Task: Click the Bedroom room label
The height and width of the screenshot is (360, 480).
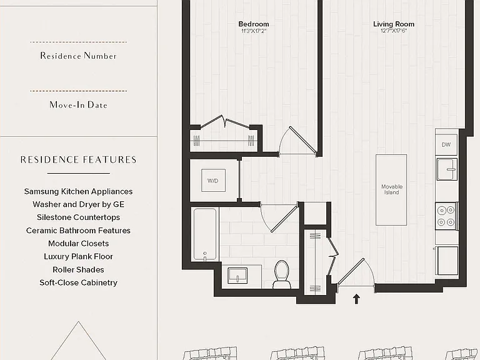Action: click(254, 24)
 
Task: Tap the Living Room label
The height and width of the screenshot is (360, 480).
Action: click(394, 24)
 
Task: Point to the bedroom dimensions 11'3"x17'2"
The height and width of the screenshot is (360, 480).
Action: click(254, 31)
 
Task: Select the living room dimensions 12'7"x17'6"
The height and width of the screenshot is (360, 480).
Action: click(394, 31)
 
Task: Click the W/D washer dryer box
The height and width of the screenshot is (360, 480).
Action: click(213, 181)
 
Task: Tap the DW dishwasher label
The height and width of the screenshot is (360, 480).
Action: click(446, 144)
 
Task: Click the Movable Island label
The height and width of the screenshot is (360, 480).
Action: click(391, 189)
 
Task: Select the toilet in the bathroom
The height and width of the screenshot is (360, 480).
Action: click(282, 274)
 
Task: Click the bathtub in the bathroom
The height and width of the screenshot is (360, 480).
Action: click(205, 234)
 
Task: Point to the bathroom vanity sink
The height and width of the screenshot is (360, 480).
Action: click(237, 276)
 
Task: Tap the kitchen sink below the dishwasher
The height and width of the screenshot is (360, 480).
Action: click(447, 169)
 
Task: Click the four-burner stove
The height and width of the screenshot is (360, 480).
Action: click(446, 216)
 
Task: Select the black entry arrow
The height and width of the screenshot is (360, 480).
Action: click(356, 299)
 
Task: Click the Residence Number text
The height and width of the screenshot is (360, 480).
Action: click(78, 56)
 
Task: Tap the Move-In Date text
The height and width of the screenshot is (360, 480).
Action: click(78, 105)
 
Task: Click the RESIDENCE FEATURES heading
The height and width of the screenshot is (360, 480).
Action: click(78, 159)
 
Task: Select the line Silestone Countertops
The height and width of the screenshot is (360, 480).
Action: click(78, 217)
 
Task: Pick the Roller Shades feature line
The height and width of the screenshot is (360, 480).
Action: click(78, 270)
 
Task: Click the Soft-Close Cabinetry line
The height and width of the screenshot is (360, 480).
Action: click(78, 282)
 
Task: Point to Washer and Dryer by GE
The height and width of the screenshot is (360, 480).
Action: click(78, 204)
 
